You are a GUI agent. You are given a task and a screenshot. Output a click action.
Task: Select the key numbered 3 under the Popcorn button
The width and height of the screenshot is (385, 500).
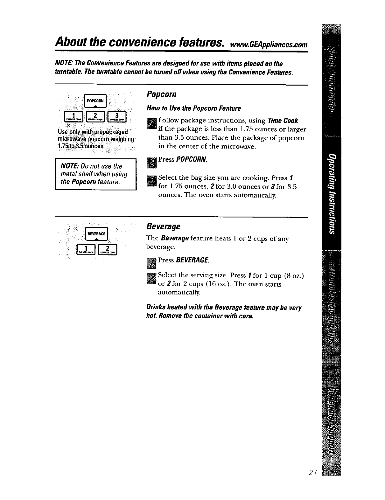tap(117, 117)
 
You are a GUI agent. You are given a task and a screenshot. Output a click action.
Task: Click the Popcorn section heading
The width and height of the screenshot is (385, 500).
tap(161, 94)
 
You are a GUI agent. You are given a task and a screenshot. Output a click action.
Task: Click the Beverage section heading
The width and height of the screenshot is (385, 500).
tap(163, 226)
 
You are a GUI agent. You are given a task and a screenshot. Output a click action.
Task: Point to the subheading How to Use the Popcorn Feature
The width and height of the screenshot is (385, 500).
tap(193, 108)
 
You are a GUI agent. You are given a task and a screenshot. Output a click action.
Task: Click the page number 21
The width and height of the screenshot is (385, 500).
tap(311, 473)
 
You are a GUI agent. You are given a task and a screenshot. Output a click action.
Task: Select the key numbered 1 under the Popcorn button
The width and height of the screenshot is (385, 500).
tap(73, 117)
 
